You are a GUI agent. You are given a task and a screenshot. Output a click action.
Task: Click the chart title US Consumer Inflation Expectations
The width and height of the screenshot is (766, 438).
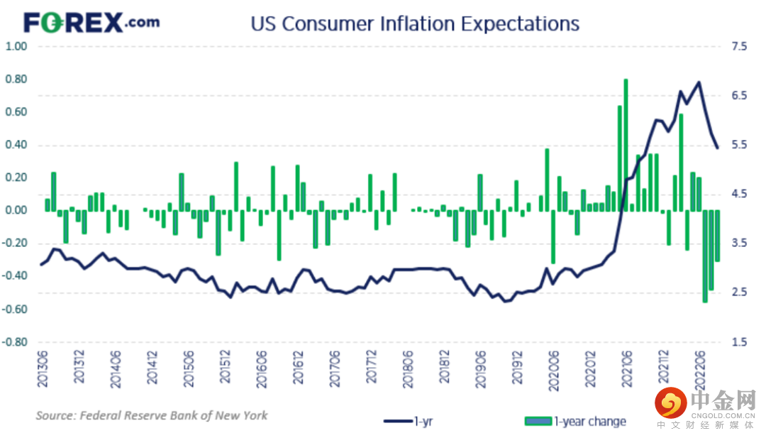[414, 23]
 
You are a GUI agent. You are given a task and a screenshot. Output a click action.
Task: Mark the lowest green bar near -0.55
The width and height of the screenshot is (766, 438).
[704, 256]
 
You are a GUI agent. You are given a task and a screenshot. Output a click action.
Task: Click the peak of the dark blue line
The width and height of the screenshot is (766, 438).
[699, 82]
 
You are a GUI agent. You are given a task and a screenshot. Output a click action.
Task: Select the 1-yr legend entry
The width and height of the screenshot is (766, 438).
[411, 421]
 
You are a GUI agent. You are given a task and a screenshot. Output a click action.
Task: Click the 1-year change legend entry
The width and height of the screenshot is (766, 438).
[575, 421]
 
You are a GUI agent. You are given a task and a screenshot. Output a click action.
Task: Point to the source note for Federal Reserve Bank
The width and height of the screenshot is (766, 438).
[152, 415]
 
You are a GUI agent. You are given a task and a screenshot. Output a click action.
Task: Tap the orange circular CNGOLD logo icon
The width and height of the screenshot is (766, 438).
[670, 404]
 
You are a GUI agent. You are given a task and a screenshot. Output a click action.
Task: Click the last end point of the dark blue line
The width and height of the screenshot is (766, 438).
[718, 148]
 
